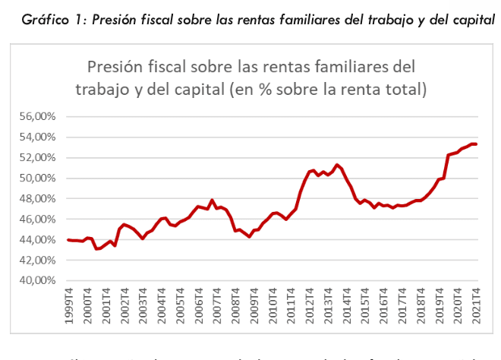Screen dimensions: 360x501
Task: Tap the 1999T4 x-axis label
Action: click(x=69, y=303)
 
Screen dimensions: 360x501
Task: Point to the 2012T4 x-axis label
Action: click(x=310, y=303)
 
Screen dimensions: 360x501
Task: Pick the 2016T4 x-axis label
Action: click(x=385, y=303)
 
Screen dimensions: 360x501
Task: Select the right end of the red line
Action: click(x=476, y=144)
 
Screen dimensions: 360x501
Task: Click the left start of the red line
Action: click(x=68, y=240)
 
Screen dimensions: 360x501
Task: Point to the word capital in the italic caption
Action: click(x=473, y=21)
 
